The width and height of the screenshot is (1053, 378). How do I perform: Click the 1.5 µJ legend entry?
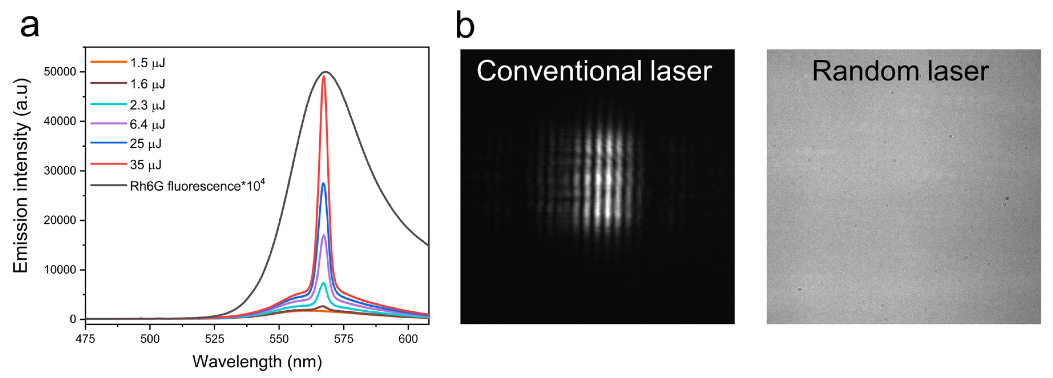click(147, 63)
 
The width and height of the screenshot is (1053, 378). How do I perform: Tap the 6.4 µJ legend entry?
click(147, 124)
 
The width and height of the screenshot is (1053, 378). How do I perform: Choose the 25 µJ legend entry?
click(146, 143)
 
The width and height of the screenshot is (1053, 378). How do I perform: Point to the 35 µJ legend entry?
click(146, 165)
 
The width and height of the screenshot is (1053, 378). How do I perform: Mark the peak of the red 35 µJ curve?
click(324, 76)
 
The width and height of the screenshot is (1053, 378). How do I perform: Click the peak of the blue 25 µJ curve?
click(324, 183)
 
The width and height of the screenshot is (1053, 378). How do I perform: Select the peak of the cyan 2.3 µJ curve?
click(324, 283)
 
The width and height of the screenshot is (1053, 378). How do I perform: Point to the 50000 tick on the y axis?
click(60, 72)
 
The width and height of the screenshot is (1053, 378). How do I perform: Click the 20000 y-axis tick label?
click(60, 220)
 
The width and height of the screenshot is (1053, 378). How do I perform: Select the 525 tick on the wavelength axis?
click(215, 339)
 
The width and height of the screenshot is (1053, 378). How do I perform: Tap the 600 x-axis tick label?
click(408, 339)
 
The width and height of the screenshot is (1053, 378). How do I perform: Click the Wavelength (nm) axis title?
click(257, 362)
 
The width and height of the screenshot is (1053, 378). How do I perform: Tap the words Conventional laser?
click(594, 71)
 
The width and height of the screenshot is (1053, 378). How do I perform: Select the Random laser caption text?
click(900, 71)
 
